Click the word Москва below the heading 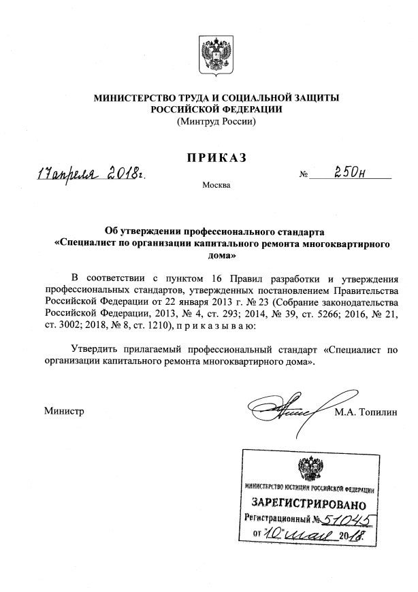[x=216, y=185]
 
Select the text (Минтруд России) [x=216, y=122]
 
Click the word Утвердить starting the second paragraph [x=98, y=350]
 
